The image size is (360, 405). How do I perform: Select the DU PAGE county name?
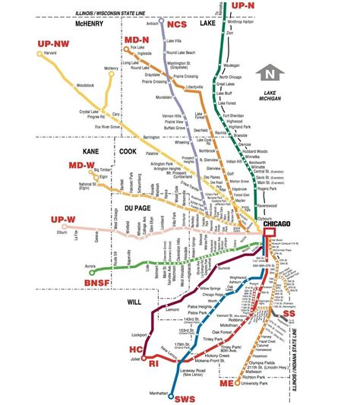pyautogui.click(x=131, y=207)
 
